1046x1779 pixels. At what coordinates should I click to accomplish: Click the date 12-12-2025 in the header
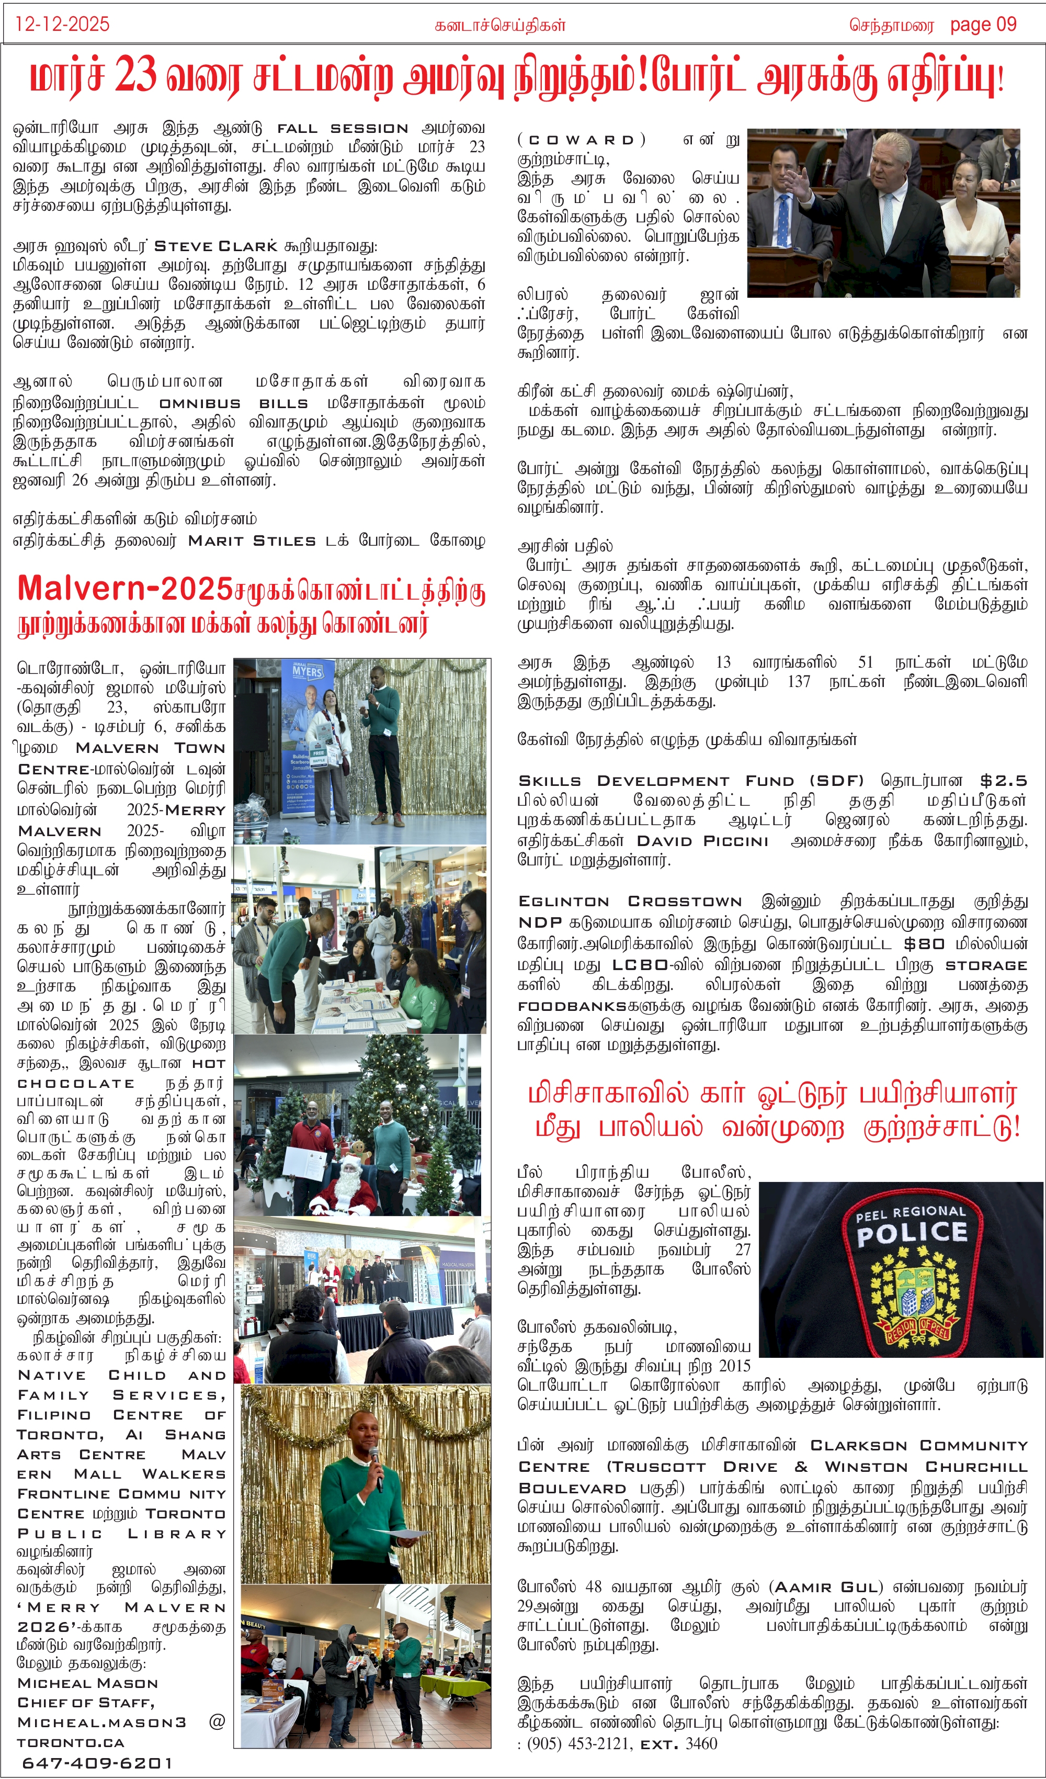pos(62,25)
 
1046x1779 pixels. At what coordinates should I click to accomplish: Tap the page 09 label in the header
pos(983,25)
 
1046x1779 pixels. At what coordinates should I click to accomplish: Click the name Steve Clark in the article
pos(215,246)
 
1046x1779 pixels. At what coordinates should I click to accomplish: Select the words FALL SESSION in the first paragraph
pos(343,129)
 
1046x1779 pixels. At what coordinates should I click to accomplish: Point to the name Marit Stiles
pos(252,541)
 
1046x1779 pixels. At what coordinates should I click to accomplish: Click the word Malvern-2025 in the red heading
pos(125,588)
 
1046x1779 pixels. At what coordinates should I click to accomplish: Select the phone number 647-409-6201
pos(97,1763)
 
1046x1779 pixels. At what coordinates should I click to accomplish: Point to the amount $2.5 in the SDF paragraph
pos(1003,780)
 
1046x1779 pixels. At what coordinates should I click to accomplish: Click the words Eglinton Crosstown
pos(630,902)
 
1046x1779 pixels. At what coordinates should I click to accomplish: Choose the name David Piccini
pos(702,841)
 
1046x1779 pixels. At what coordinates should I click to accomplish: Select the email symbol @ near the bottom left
pos(217,1722)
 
